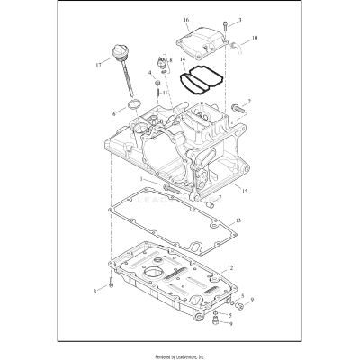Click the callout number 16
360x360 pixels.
click(x=185, y=19)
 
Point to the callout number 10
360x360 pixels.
click(x=255, y=38)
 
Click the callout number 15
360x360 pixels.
click(x=244, y=190)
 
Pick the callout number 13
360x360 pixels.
click(x=238, y=220)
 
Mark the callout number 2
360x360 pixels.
click(x=248, y=102)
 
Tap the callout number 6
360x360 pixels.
click(x=113, y=114)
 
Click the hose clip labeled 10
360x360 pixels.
click(x=236, y=43)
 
